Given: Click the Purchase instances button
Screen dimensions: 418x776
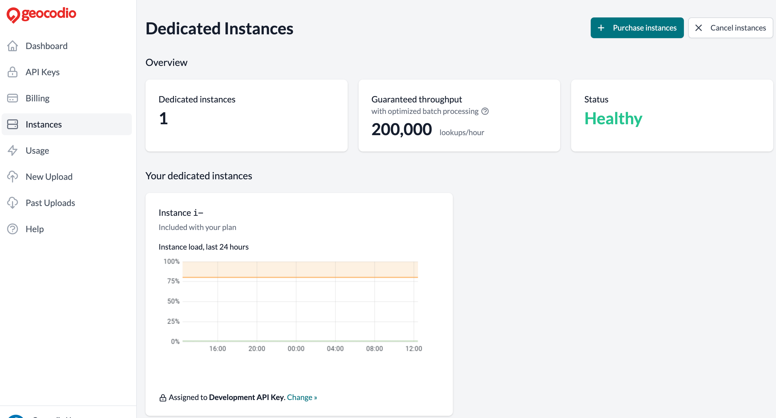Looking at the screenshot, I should tap(637, 28).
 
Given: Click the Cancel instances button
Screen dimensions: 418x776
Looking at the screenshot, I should tap(730, 28).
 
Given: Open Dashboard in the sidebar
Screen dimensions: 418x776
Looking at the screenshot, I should tap(46, 46).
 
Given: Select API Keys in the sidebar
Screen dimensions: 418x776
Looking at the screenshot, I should tap(43, 72).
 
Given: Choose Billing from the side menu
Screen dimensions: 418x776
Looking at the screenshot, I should tap(37, 98).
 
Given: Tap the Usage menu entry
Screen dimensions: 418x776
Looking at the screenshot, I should tap(37, 150).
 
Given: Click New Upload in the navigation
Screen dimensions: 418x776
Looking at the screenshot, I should tap(49, 177).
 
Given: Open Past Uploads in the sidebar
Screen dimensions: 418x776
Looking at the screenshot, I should tap(50, 203).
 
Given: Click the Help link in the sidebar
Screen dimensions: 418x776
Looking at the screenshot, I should tap(35, 229).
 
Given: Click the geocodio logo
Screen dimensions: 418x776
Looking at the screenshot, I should tap(42, 14).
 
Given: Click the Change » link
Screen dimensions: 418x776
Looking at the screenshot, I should tap(302, 397).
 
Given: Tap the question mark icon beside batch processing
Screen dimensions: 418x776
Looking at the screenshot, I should tap(485, 111).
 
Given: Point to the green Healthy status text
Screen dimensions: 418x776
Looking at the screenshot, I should tap(613, 119).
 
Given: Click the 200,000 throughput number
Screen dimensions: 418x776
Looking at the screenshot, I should tap(401, 129).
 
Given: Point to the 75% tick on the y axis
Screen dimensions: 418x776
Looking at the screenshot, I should tap(173, 281).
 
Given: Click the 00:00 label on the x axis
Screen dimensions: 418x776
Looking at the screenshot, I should tap(296, 349).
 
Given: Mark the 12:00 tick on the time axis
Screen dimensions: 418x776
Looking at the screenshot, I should tap(413, 349).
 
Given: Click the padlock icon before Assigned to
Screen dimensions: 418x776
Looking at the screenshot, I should tap(163, 398).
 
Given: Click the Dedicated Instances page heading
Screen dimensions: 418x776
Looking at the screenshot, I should tap(219, 29).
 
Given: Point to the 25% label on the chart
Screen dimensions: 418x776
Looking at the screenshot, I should tap(173, 321).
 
